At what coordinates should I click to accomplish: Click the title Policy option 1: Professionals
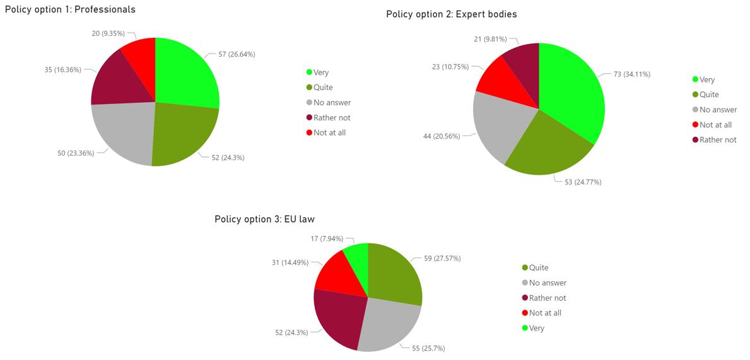70,9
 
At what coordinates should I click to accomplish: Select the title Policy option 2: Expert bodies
451,14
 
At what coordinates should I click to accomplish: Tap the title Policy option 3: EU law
264,219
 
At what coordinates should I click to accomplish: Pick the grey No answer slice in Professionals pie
123,132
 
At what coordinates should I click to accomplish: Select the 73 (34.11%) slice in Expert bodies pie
571,95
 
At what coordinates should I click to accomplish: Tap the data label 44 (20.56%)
437,136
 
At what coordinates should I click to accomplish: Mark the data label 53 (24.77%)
578,182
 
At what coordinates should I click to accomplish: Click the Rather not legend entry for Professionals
331,117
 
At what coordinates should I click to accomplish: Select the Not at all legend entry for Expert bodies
715,125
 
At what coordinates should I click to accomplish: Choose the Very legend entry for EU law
536,328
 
